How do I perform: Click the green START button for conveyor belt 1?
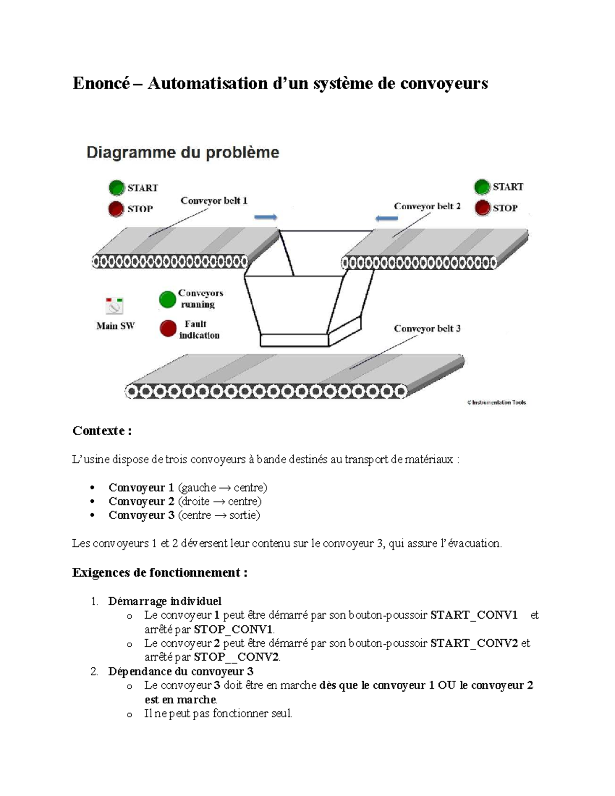click(117, 188)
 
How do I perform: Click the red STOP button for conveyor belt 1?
click(116, 209)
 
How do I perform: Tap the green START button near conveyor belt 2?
click(482, 187)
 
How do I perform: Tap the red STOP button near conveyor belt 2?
click(482, 208)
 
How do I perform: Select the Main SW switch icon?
click(114, 306)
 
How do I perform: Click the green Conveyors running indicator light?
click(168, 299)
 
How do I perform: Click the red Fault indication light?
click(168, 329)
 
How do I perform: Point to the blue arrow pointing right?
click(266, 217)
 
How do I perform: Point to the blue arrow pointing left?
click(386, 218)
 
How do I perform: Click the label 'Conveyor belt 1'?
click(214, 201)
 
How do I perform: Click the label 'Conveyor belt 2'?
click(427, 206)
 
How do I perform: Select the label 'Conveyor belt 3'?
click(427, 329)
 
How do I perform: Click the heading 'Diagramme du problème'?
click(183, 152)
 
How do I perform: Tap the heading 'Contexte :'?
click(102, 431)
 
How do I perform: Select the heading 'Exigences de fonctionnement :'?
click(160, 573)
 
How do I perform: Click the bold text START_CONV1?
click(474, 615)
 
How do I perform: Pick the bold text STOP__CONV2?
click(237, 657)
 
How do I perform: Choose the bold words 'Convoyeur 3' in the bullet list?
click(141, 515)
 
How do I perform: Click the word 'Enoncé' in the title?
click(101, 83)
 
